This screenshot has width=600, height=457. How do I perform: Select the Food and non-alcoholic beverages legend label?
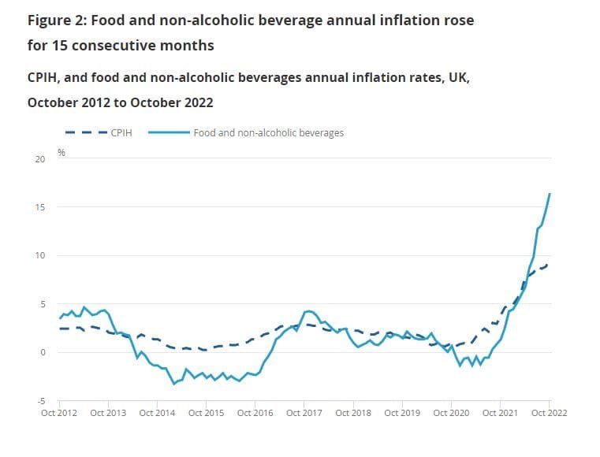268,132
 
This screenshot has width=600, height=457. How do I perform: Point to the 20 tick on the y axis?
41,158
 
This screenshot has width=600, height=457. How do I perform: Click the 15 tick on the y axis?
41,207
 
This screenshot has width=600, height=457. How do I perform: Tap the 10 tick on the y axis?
41,255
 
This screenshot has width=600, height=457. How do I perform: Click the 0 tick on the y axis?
43,352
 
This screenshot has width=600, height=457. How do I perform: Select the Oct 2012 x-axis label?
58,412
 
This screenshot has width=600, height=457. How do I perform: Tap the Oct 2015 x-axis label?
205,412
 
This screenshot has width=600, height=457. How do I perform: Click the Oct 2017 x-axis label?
304,412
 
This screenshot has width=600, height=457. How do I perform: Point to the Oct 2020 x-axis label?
450,412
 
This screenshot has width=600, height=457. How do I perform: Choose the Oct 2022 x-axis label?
548,412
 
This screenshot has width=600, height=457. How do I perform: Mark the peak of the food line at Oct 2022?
550,194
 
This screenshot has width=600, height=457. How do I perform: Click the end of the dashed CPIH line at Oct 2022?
549,265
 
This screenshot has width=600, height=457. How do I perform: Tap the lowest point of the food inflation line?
173,383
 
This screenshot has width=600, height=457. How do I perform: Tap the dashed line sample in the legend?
84,132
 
